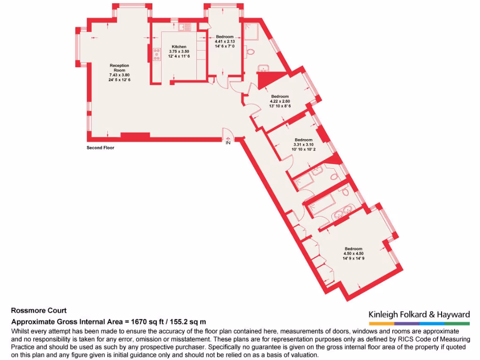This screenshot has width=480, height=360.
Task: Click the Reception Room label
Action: [119, 68]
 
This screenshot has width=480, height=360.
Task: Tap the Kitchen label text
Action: [179, 47]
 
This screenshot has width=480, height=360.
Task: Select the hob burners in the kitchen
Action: [155, 55]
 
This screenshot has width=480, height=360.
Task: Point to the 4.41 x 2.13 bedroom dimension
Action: [225, 41]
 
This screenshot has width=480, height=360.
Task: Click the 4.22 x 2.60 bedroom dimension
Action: [280, 101]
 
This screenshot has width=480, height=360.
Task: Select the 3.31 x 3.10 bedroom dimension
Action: [303, 145]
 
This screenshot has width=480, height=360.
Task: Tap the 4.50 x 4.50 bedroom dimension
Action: [353, 254]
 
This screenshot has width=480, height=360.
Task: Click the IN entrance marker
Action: [228, 142]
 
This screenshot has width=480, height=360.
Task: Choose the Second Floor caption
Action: [100, 148]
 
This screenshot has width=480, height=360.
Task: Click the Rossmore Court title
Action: [39, 310]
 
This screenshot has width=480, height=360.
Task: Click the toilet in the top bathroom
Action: [250, 52]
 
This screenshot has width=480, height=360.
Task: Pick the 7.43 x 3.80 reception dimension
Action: [119, 75]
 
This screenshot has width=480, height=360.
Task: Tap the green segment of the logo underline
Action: [457, 323]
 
